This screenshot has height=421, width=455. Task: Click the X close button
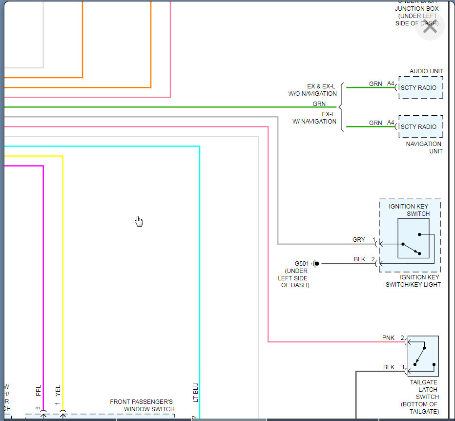pyautogui.click(x=430, y=26)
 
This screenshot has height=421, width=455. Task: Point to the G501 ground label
pyautogui.click(x=302, y=263)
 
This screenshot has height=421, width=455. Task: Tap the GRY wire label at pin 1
pyautogui.click(x=359, y=240)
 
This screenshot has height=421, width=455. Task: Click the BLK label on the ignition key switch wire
pyautogui.click(x=360, y=259)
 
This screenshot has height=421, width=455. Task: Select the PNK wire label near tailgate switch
pyautogui.click(x=389, y=338)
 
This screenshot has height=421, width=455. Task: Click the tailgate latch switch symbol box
pyautogui.click(x=423, y=356)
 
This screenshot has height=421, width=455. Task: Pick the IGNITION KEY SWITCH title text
pyautogui.click(x=409, y=210)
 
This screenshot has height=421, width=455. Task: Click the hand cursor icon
pyautogui.click(x=139, y=221)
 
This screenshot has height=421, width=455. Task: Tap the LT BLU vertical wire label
pyautogui.click(x=196, y=392)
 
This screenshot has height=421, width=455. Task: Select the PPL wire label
pyautogui.click(x=39, y=391)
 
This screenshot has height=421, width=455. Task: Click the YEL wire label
pyautogui.click(x=58, y=390)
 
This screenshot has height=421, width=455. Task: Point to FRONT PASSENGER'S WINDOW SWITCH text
pyautogui.click(x=142, y=405)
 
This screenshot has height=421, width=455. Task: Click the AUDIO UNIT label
pyautogui.click(x=426, y=71)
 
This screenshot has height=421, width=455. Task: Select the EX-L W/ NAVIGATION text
pyautogui.click(x=314, y=118)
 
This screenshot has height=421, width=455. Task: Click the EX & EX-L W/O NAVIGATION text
pyautogui.click(x=312, y=90)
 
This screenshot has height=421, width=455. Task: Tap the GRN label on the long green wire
pyautogui.click(x=319, y=104)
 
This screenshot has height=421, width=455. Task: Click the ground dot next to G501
pyautogui.click(x=317, y=264)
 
